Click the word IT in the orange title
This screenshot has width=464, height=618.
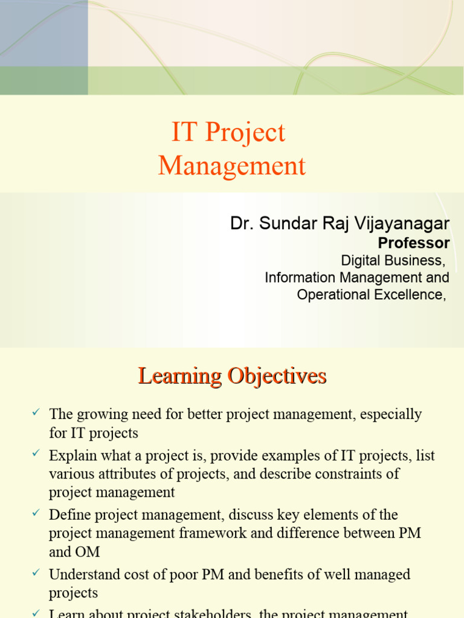(x=184, y=133)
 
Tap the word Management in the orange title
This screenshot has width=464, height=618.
(x=232, y=166)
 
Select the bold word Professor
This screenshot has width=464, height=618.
(x=413, y=243)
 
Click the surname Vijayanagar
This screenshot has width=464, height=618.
(x=402, y=224)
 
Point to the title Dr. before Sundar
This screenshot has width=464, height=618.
(x=242, y=224)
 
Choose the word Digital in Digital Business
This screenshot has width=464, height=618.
(x=361, y=261)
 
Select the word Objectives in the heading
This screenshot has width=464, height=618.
(x=277, y=376)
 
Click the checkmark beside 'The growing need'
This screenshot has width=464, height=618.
(x=35, y=412)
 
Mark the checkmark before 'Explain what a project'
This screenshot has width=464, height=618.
(x=35, y=453)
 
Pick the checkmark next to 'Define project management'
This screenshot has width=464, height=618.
(x=35, y=512)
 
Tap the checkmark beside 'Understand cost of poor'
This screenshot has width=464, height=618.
(x=35, y=572)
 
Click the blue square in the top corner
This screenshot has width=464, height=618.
(x=43, y=33)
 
